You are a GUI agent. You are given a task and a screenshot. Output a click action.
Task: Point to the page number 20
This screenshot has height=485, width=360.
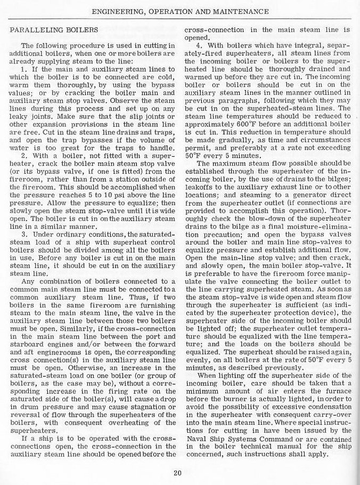(x=179, y=471)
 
